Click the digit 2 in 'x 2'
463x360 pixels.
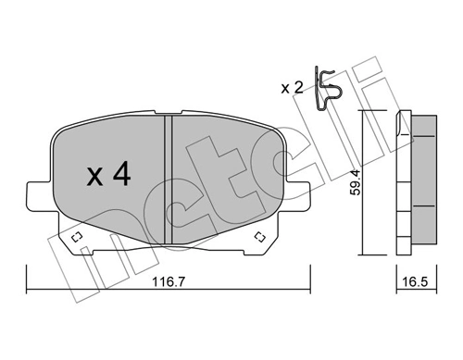point(298,88)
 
